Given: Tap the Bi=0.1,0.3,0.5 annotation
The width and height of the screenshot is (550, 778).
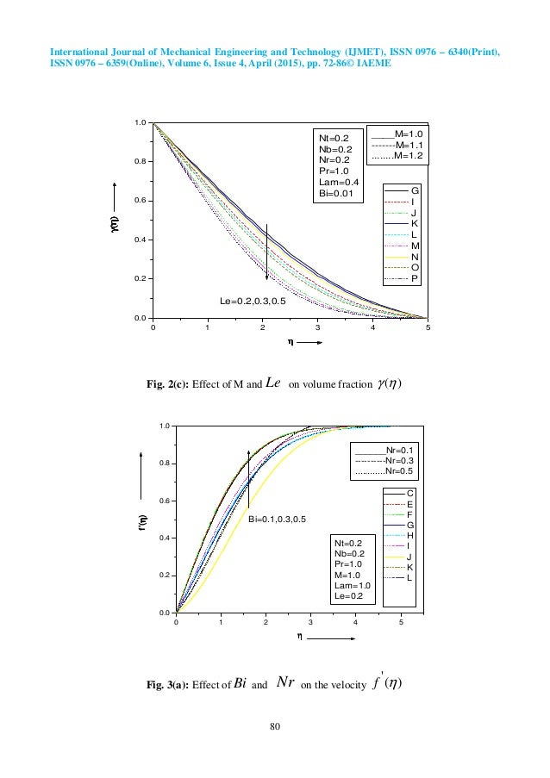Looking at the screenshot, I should [277, 520].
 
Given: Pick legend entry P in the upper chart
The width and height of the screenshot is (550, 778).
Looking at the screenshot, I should [415, 279].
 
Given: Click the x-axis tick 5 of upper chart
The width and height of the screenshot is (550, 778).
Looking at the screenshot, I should [428, 327].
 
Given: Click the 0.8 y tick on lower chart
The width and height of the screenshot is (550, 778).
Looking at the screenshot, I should [163, 464].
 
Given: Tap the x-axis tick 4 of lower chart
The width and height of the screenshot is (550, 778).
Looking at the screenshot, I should [356, 621].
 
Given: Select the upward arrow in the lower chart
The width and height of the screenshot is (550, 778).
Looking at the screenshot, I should [248, 479].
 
